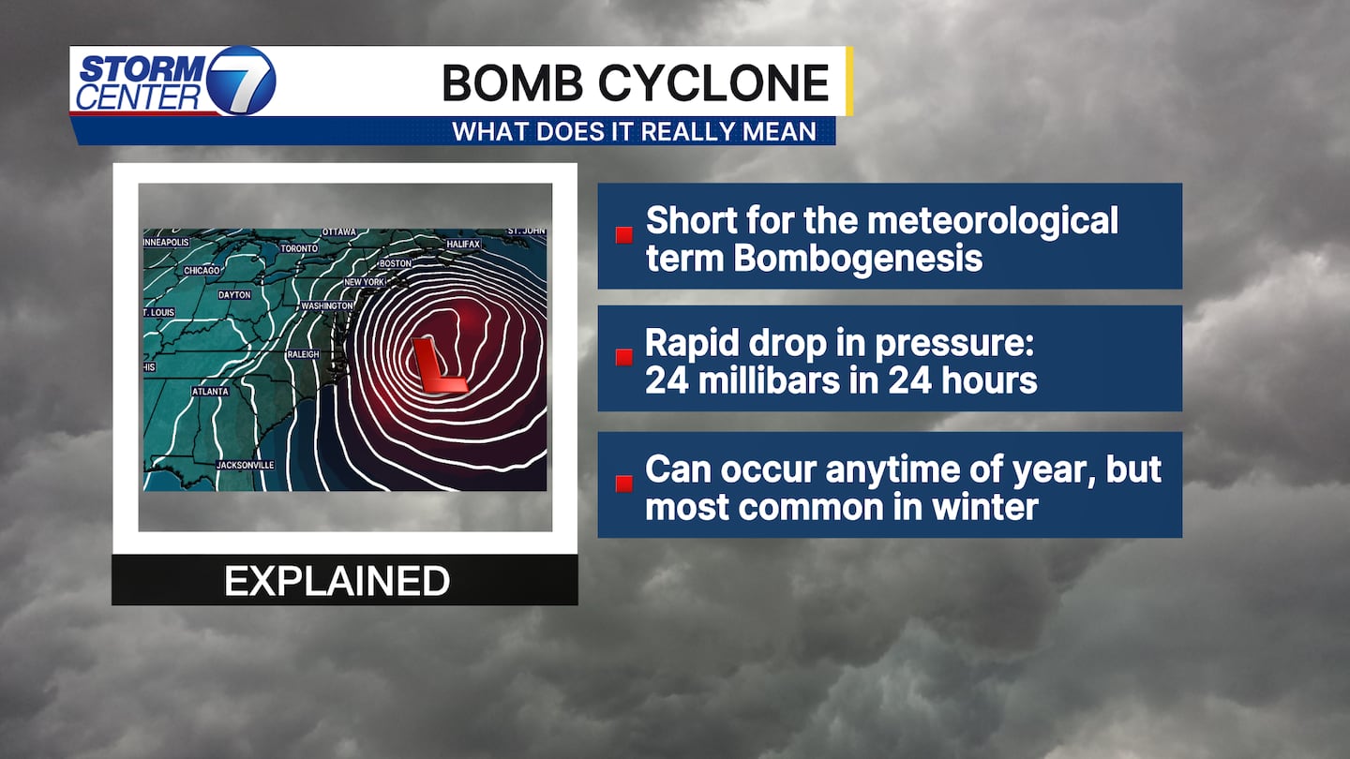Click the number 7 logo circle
pos(242,81)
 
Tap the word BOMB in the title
pos(512,82)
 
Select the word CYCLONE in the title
pos(714,82)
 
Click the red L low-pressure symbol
pos(438,365)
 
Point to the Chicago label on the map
pos(202,271)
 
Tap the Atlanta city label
pos(210,392)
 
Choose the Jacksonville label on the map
pos(245,465)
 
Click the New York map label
pos(364,282)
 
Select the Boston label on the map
pos(396,263)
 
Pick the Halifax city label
pos(463,244)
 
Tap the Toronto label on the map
pos(299,248)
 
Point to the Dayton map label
pos(234,294)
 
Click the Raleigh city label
pos(303,354)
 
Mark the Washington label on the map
pos(326,306)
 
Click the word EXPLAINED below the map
pos(337,581)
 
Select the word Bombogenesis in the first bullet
pos(858,259)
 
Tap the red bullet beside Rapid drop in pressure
pos(623,357)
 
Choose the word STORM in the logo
pos(143,68)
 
